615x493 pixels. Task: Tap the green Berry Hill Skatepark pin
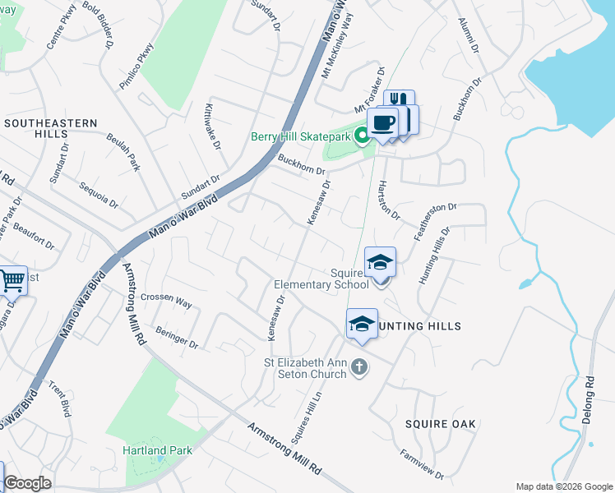click(363, 136)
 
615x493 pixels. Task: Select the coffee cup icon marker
click(382, 124)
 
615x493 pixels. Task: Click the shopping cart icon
click(11, 282)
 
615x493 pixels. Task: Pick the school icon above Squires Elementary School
click(380, 264)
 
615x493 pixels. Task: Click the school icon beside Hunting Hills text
click(361, 325)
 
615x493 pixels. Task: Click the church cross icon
click(358, 366)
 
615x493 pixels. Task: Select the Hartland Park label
click(157, 450)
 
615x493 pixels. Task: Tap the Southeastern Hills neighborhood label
click(50, 130)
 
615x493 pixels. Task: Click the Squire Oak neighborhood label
click(440, 424)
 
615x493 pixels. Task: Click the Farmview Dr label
click(422, 464)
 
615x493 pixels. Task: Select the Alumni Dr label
click(469, 35)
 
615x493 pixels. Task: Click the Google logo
click(27, 484)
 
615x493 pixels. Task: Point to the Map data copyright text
click(563, 486)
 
